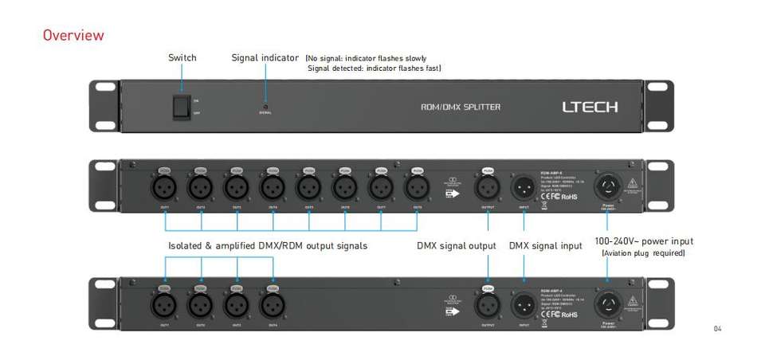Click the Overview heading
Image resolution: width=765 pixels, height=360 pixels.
(73, 35)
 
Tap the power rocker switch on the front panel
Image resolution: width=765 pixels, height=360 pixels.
(182, 108)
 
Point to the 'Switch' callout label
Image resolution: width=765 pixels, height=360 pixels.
(182, 57)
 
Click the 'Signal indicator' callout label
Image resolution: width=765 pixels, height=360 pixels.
(265, 57)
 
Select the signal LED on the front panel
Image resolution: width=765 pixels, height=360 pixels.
(265, 106)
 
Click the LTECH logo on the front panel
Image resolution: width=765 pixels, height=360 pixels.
(590, 107)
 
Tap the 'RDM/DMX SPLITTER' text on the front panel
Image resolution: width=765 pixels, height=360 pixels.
(461, 107)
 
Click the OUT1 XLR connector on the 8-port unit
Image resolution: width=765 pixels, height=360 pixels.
(165, 187)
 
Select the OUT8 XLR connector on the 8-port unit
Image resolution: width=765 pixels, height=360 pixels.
(417, 187)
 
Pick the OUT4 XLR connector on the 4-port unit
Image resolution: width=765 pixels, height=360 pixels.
(273, 304)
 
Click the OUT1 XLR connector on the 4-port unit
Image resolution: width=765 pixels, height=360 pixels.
(165, 304)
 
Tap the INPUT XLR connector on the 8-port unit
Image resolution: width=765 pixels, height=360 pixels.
(524, 187)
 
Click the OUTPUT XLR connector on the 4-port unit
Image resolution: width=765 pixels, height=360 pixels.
(488, 304)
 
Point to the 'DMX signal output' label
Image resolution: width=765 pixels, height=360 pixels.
(456, 245)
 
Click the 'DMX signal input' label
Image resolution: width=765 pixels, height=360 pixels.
(545, 245)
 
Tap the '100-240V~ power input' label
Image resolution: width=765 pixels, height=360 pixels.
(644, 241)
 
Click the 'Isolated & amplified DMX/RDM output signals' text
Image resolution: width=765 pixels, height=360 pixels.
(268, 245)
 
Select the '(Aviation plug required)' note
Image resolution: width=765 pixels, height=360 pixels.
(644, 253)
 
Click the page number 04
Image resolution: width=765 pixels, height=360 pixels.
(717, 328)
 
